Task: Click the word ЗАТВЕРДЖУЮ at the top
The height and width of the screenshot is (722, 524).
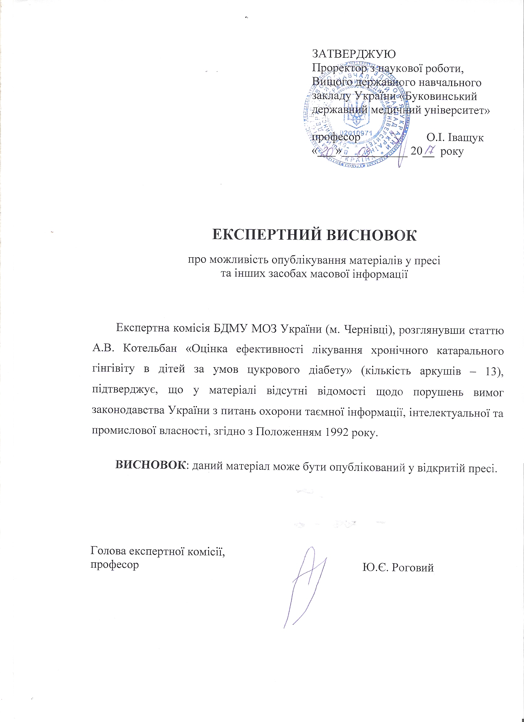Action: pos(354,54)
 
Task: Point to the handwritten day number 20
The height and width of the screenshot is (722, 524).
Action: pos(325,153)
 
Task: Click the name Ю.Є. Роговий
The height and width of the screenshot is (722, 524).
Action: pos(398,568)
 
